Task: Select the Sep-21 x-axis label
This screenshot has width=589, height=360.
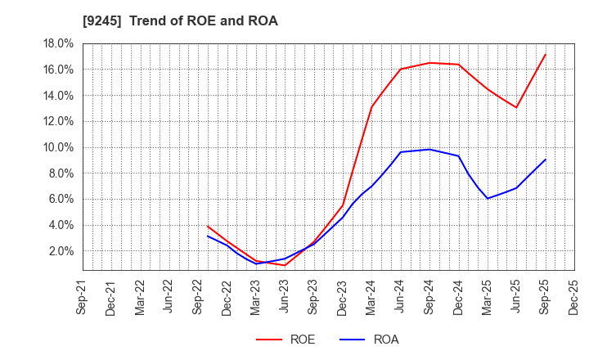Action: [x=82, y=296]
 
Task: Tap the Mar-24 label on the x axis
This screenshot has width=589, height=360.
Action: [x=371, y=296]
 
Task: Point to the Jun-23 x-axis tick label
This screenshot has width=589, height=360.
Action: [x=285, y=296]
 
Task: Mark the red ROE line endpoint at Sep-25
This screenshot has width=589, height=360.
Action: [x=546, y=54]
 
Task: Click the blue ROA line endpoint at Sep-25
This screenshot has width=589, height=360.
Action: [x=546, y=160]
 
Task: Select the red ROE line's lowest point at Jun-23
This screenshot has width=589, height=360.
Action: [x=285, y=265]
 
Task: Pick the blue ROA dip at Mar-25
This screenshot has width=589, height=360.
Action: [x=488, y=199]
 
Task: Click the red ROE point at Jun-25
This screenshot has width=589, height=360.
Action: [x=516, y=107]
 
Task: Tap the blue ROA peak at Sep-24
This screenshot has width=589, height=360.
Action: [x=429, y=149]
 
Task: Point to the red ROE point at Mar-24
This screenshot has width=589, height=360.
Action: [x=371, y=106]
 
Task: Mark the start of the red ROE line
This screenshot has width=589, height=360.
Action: [x=208, y=226]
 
